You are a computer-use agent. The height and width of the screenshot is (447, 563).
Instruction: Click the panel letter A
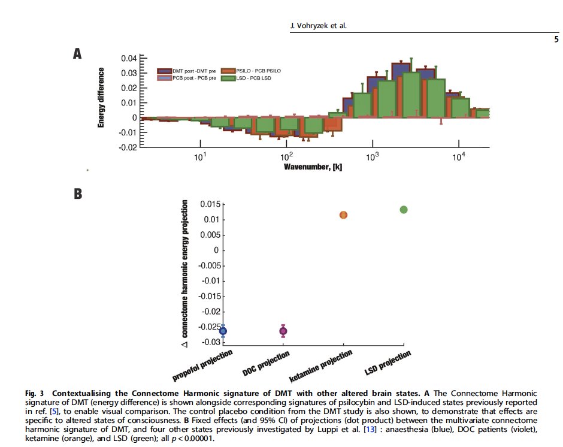pos(77,54)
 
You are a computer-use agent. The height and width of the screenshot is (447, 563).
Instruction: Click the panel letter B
pos(77,194)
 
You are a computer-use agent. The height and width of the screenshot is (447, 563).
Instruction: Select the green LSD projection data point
pos(404,210)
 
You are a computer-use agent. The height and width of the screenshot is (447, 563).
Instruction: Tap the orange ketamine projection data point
pos(343,215)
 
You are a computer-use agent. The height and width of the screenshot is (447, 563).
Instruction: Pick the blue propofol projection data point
pos(223,331)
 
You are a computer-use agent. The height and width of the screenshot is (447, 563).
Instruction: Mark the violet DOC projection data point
pos(283,331)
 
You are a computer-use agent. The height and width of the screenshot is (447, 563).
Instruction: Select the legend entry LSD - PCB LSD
pos(250,78)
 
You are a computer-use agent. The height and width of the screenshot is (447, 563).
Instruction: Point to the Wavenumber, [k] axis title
pos(313,167)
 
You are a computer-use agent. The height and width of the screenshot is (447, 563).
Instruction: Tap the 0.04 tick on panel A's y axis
pos(128,59)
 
